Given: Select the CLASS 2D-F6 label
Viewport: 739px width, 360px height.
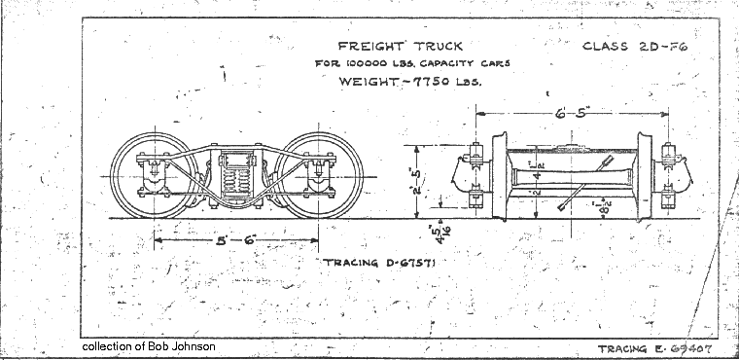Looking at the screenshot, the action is click(633, 46).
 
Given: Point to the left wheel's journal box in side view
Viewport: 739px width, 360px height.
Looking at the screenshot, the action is click(155, 176).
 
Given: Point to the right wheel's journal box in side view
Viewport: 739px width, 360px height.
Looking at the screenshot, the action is click(317, 176).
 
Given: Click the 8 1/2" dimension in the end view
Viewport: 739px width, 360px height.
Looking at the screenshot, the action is click(606, 206).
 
